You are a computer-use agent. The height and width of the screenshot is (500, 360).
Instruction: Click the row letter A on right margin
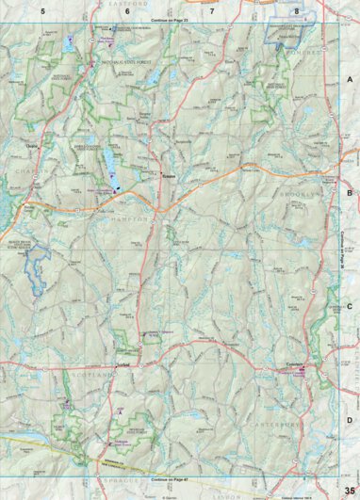(x=350, y=81)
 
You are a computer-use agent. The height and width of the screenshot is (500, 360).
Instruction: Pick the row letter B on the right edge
(x=350, y=193)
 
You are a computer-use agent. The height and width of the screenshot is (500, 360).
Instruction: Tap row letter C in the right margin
(x=350, y=307)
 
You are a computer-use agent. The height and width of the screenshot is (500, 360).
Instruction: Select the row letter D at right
(x=350, y=420)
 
